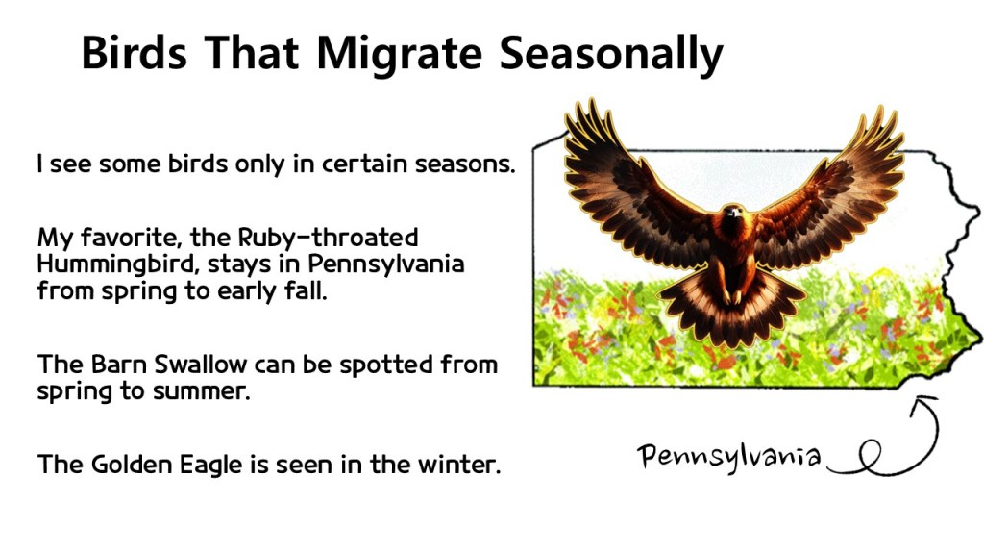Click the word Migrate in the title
pos(399,55)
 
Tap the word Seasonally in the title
pos(611,55)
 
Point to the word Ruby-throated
pos(328,239)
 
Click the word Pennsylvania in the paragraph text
pos(386,264)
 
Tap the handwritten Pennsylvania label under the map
pos(729,456)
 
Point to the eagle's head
pos(732,214)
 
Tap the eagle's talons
pos(731,295)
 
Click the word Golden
pos(132,466)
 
